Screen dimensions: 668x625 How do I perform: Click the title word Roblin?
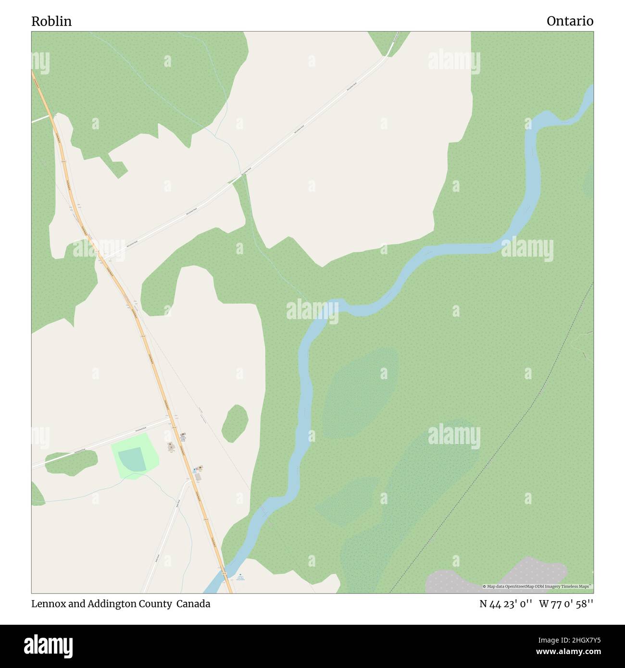pos(51,21)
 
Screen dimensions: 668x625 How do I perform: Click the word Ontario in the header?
pos(570,21)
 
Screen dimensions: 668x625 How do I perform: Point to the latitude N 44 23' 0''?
pos(505,604)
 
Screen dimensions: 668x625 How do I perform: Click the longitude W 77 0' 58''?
pos(566,604)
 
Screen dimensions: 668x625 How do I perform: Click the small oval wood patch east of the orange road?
pos(235,423)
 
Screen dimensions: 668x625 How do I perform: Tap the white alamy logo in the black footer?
pos(48,645)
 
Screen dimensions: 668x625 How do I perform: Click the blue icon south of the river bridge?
pos(240,575)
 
